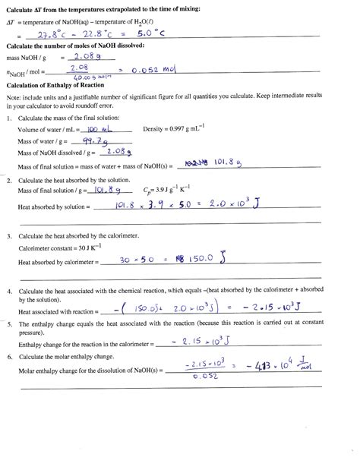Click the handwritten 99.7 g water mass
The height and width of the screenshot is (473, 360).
click(93, 141)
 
